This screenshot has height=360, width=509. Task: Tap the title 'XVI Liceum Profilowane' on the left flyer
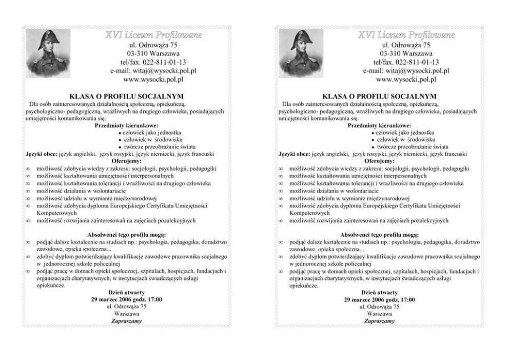[x=153, y=35]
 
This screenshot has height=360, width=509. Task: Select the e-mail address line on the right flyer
[x=406, y=71]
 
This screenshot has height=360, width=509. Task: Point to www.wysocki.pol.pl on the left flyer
[x=153, y=80]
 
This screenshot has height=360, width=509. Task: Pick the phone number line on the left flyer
[x=153, y=62]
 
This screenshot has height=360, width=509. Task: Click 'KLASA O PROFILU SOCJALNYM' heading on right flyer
[x=379, y=96]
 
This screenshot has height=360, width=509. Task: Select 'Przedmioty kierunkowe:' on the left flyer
[x=127, y=125]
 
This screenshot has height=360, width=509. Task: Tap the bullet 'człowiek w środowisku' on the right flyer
[x=406, y=139]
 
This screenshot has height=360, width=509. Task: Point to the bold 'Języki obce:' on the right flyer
[x=294, y=154]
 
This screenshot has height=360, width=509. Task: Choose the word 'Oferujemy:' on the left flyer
[x=127, y=161]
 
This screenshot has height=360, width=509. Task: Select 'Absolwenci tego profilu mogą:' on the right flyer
[x=379, y=235]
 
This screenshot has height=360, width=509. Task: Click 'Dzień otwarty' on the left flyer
[x=127, y=292]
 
